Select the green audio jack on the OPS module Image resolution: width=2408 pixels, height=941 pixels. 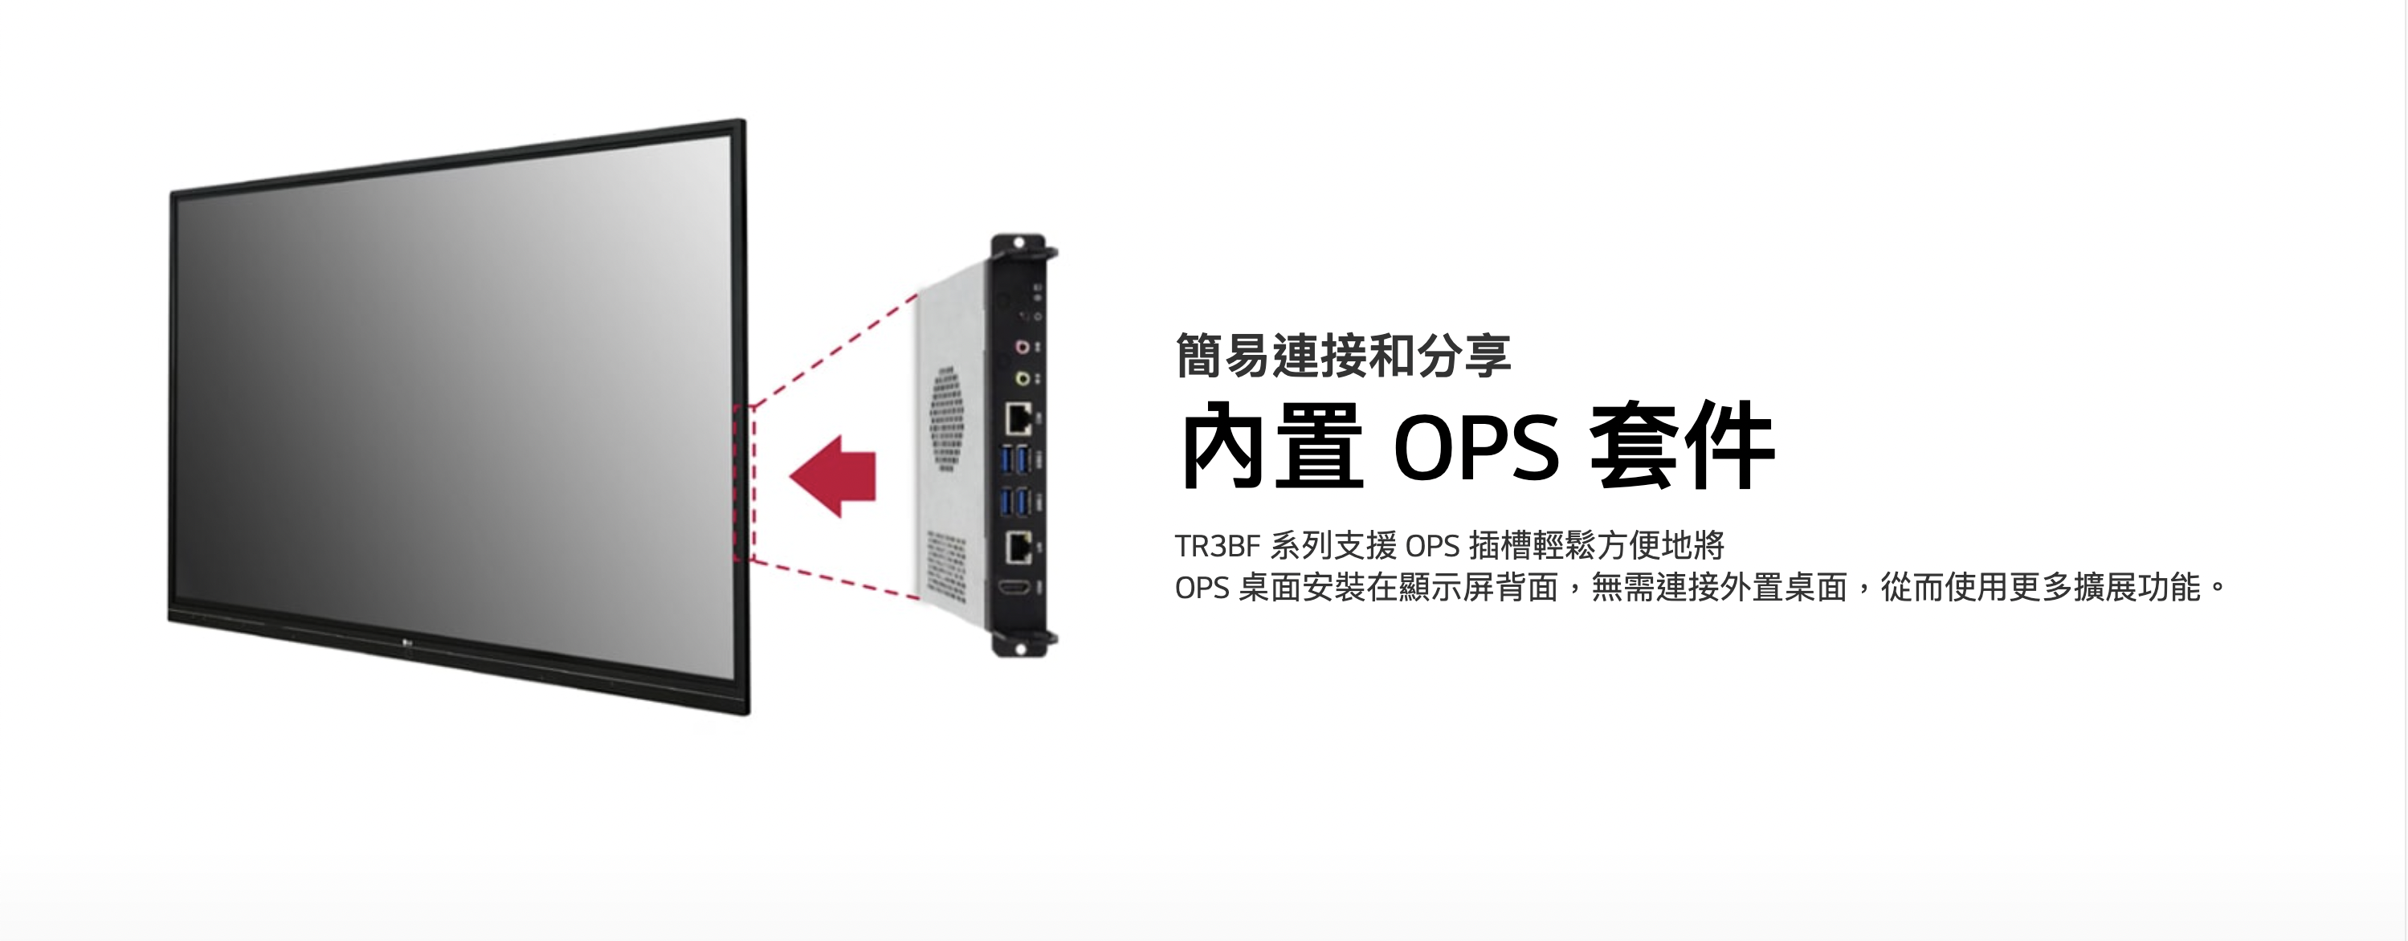click(1022, 378)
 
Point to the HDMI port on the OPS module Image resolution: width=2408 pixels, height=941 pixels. click(1016, 589)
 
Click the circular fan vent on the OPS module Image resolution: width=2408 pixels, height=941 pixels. click(947, 417)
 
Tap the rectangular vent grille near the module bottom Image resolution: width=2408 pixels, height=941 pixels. click(945, 564)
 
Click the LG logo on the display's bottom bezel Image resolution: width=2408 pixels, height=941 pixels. click(407, 640)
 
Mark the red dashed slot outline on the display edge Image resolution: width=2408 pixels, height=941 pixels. click(743, 483)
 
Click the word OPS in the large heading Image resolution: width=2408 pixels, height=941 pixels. click(1476, 447)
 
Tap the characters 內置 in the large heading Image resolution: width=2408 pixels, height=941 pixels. click(1271, 447)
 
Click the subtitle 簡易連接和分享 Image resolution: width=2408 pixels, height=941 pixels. click(1342, 356)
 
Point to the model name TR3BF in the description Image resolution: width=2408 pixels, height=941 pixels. click(1217, 546)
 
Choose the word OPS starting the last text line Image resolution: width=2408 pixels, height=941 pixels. click(1202, 588)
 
